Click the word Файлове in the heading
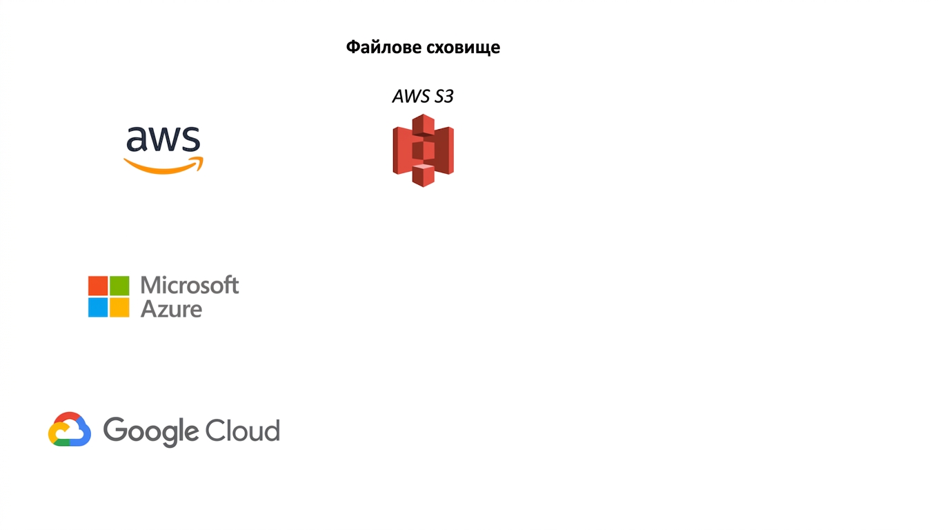[384, 47]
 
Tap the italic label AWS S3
[423, 96]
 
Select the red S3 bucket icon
[423, 150]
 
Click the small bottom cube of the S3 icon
[423, 175]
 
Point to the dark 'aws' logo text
[163, 139]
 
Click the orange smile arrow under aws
[163, 165]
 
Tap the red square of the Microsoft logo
[98, 286]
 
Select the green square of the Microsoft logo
[119, 286]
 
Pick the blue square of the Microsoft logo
[98, 307]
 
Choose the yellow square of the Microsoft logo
[119, 307]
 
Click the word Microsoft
[190, 285]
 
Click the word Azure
[171, 309]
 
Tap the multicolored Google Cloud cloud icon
[70, 429]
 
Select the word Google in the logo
[151, 431]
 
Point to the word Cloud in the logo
[243, 431]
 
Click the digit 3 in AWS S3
[449, 96]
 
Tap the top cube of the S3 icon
[423, 125]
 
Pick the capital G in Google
[115, 429]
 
